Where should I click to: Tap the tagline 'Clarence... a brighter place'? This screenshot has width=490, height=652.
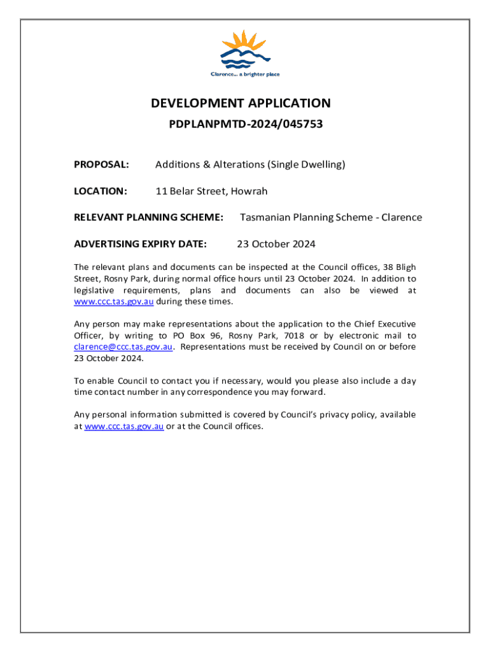[x=245, y=74]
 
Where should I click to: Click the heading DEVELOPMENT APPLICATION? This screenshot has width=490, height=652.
[x=241, y=103]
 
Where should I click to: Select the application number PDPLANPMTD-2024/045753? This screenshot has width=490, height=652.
[x=246, y=125]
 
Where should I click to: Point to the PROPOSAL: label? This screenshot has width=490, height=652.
[x=102, y=165]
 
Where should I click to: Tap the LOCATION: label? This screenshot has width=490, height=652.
[x=101, y=191]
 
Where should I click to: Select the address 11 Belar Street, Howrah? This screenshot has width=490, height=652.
[x=211, y=191]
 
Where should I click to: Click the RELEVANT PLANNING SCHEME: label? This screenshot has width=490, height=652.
[x=149, y=217]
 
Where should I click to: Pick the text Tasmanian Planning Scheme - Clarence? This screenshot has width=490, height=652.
[x=330, y=217]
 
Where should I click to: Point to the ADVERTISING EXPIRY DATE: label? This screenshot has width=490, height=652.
[x=141, y=244]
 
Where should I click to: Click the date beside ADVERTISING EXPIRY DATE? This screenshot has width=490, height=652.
[x=276, y=244]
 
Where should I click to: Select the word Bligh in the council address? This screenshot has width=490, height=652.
[x=405, y=267]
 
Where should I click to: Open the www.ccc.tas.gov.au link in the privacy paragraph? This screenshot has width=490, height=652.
[x=124, y=426]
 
